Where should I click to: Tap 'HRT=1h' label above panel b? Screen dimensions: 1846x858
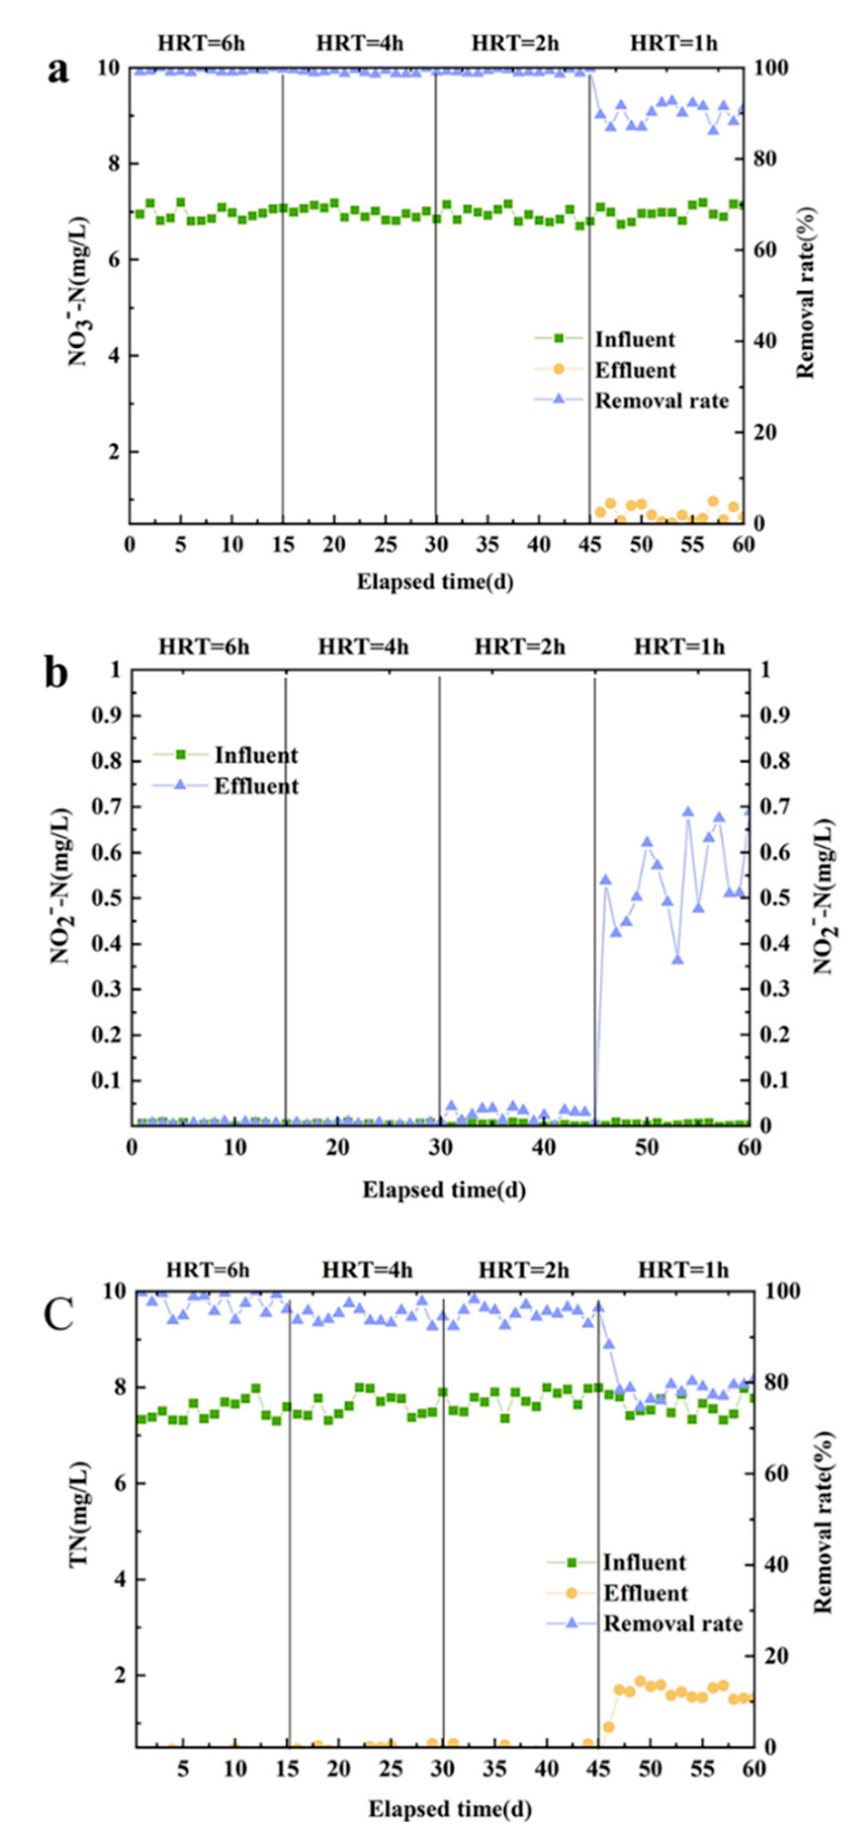678,647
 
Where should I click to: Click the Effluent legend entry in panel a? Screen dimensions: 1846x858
634,370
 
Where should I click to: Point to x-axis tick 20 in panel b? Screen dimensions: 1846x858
337,1147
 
